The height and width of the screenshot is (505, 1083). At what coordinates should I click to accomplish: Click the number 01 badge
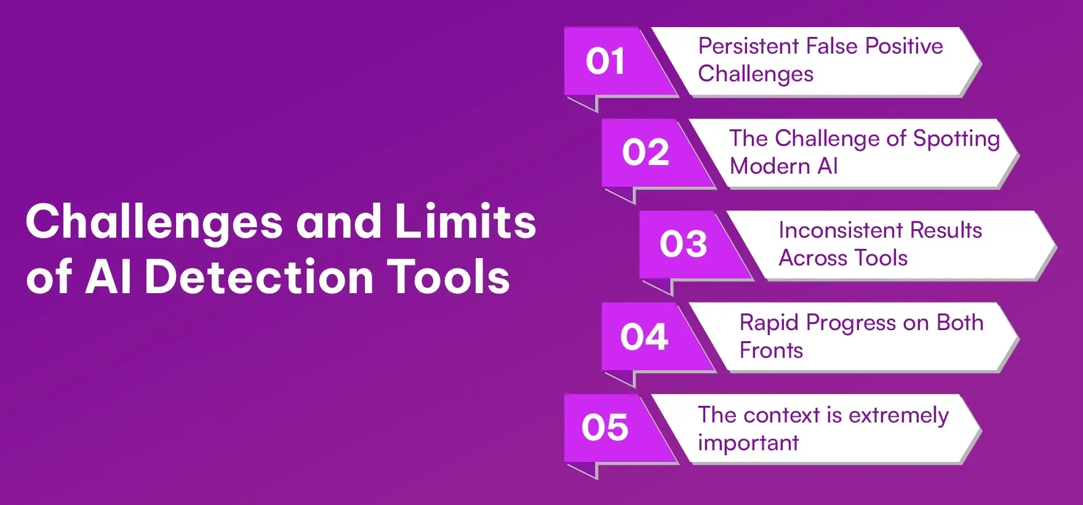coord(605,62)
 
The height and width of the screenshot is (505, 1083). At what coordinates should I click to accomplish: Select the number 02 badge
coord(645,153)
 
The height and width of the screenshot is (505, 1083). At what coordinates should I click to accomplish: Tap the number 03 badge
coord(683,244)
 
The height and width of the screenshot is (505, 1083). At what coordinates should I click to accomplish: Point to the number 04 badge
coord(644,337)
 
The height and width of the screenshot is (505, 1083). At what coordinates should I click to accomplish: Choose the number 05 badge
coord(605,428)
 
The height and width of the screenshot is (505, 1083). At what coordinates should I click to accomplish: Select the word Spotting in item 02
coord(956,139)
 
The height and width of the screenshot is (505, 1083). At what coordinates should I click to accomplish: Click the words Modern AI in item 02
coord(783,166)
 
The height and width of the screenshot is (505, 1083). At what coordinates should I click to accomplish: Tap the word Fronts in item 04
coord(771,350)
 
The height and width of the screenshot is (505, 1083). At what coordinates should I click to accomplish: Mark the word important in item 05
coord(748,443)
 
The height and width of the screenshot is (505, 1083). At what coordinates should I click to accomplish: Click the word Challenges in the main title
coord(154,223)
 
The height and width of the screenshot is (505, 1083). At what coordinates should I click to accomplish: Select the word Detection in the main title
coord(259,277)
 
